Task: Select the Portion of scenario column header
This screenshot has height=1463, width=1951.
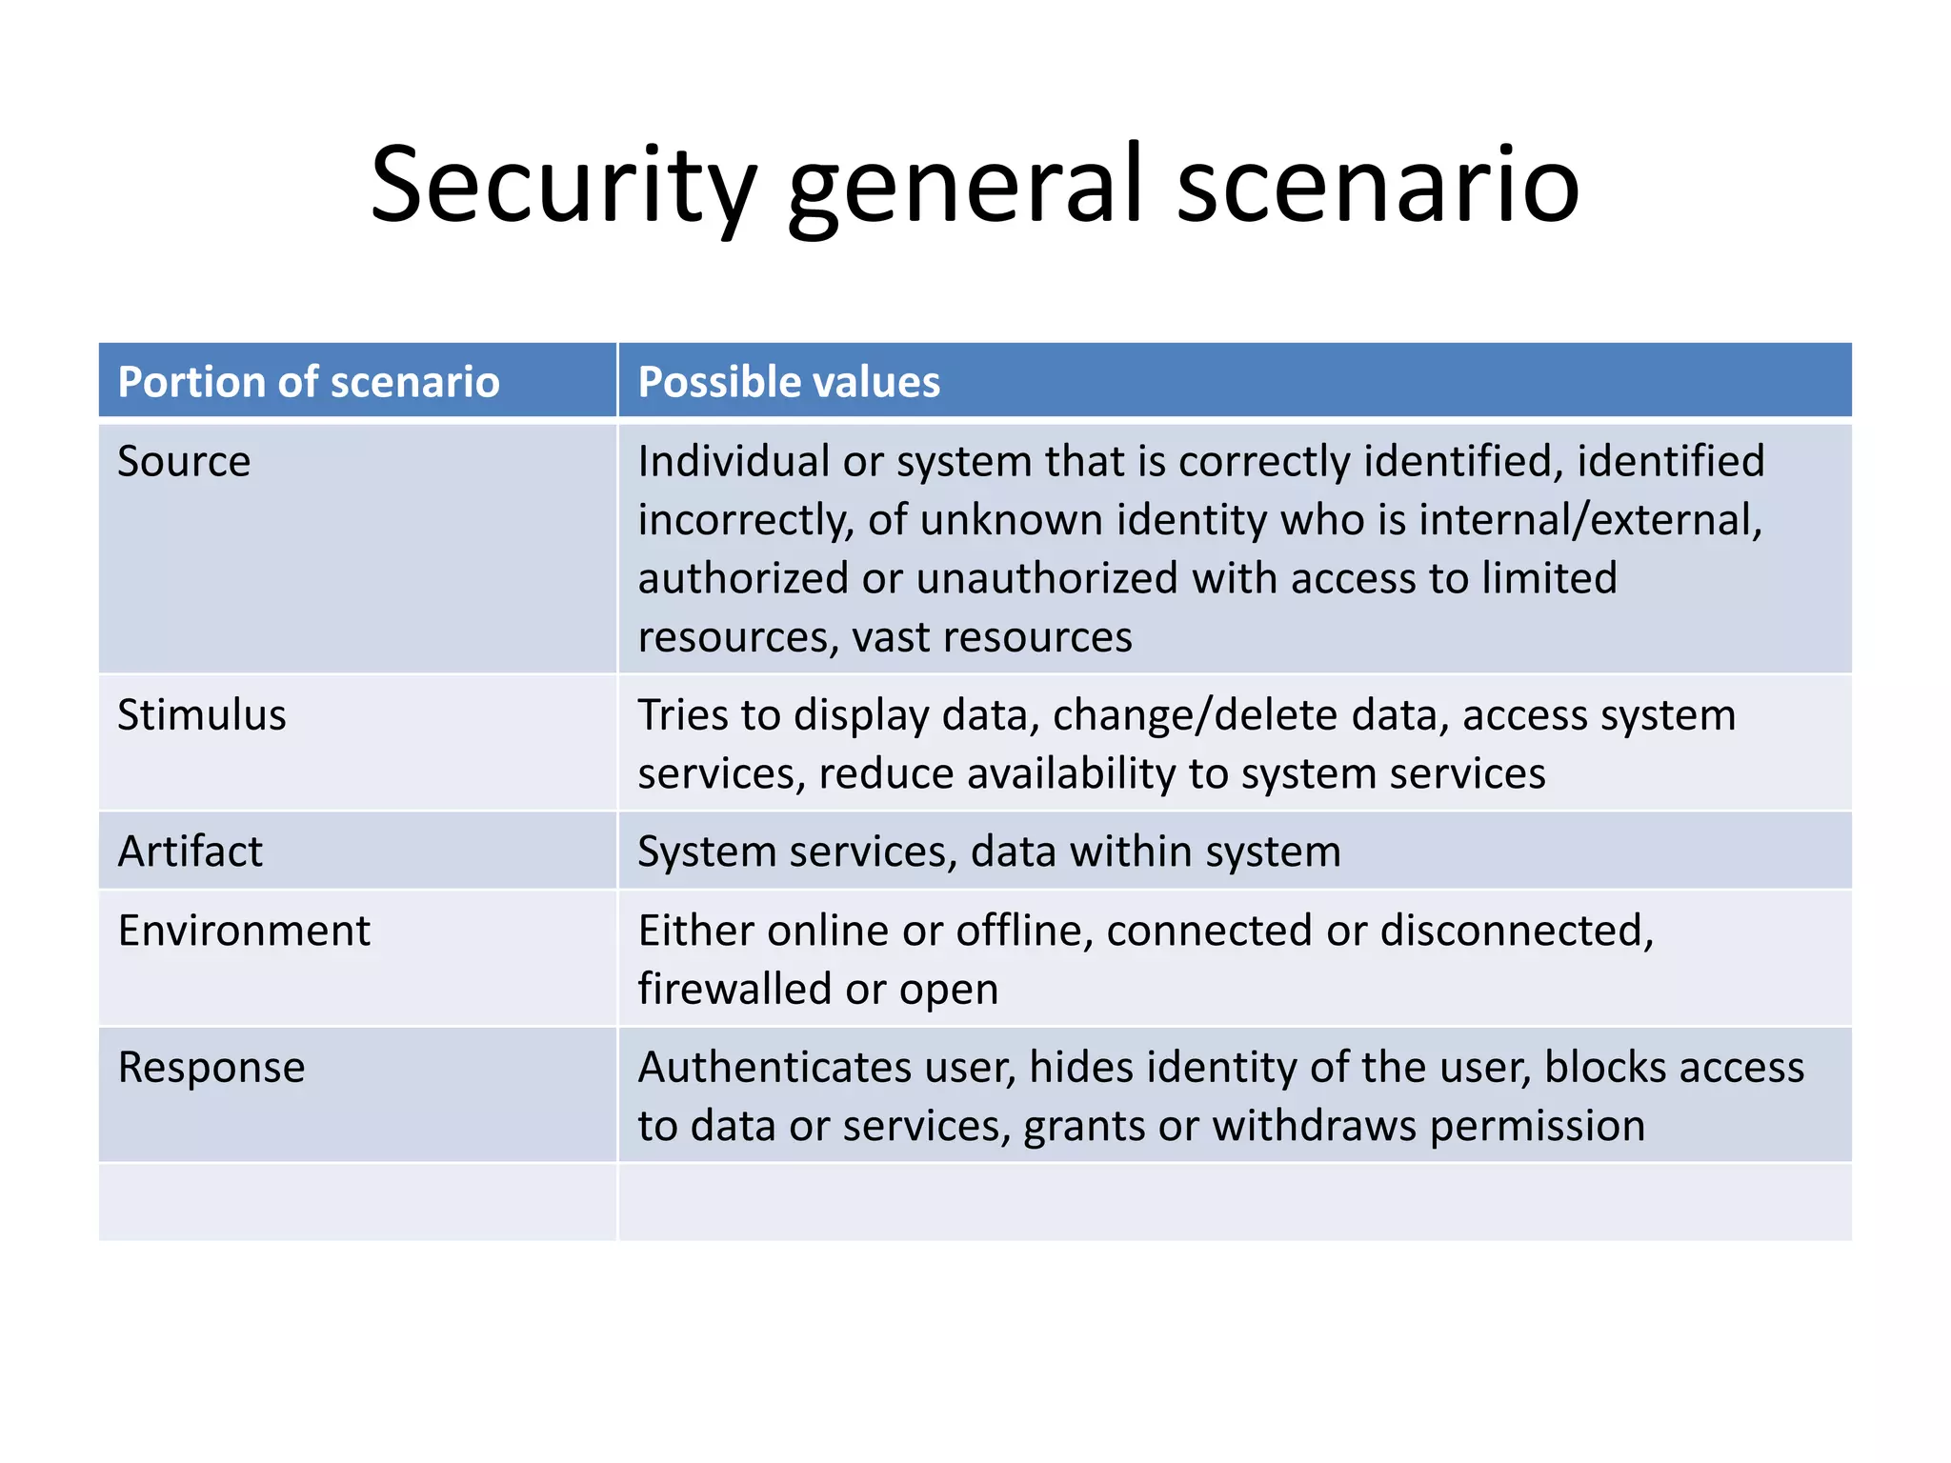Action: tap(309, 382)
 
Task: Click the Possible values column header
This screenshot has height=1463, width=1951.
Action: tap(789, 382)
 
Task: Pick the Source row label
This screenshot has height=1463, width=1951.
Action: tap(184, 462)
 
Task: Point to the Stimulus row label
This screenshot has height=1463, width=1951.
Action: tap(201, 715)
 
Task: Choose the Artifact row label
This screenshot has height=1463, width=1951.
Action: tap(190, 852)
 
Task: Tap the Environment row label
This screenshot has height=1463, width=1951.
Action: tap(244, 931)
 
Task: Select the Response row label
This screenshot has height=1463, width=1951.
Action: tap(211, 1068)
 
